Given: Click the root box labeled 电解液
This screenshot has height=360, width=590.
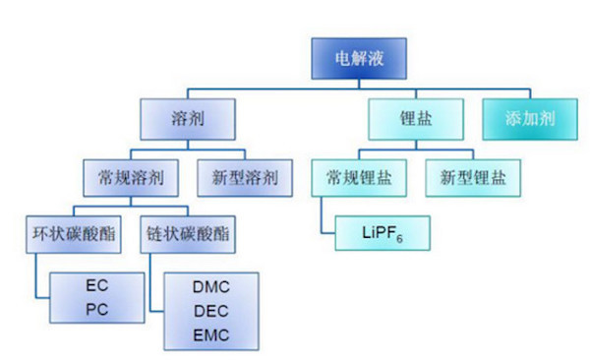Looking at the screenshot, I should pyautogui.click(x=360, y=57).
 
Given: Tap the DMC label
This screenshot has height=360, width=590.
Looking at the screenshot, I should pyautogui.click(x=211, y=285).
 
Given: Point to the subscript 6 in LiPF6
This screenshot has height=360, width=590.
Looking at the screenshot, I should pyautogui.click(x=402, y=240).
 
